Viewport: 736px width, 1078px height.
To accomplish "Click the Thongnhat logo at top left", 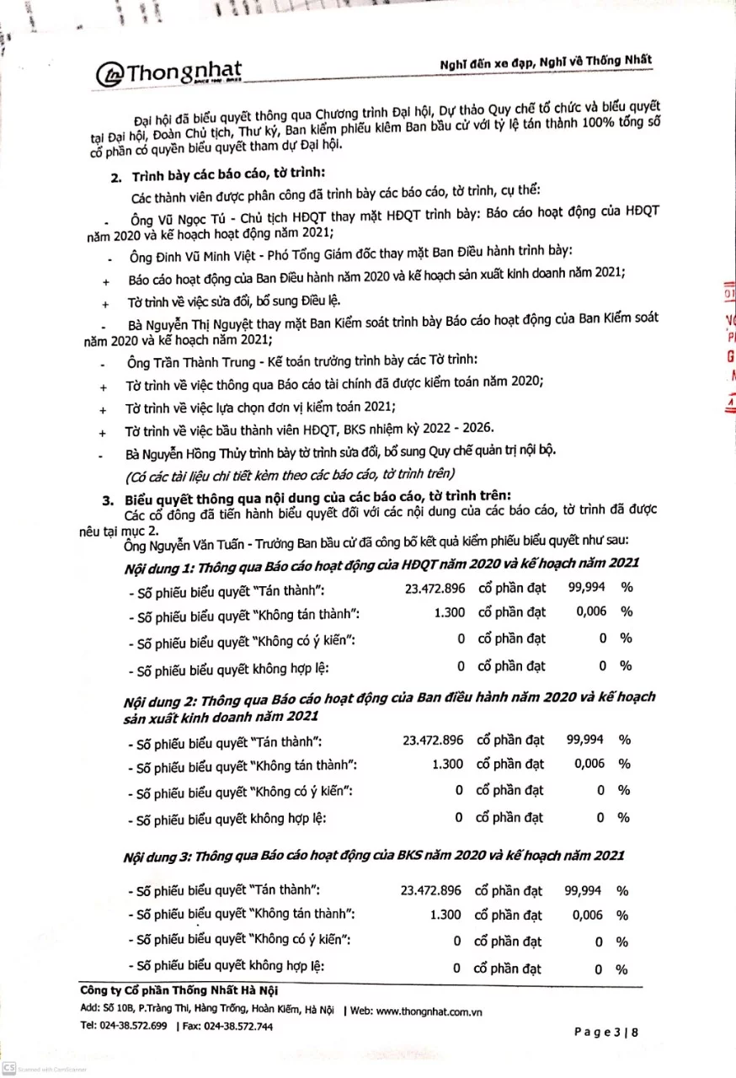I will click(168, 74).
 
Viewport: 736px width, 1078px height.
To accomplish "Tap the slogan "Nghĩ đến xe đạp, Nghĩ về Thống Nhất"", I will click(546, 63).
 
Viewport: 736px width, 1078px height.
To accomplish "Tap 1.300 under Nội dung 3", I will click(445, 915).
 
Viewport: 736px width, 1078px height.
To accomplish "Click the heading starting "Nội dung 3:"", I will click(373, 856).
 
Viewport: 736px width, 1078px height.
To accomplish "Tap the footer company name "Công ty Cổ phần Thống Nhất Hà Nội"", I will click(178, 991).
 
